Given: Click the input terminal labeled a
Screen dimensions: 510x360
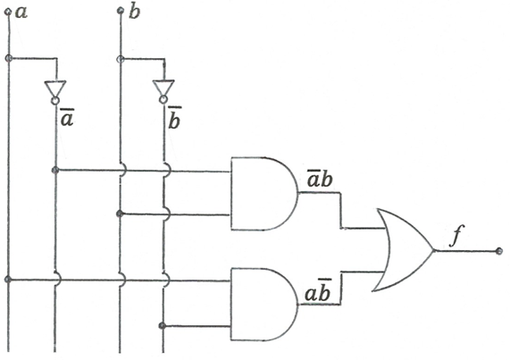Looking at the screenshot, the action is pos(8,13).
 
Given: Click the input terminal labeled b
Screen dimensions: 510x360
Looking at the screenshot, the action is pos(121,11).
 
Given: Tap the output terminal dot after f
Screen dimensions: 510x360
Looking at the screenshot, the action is pos(499,251).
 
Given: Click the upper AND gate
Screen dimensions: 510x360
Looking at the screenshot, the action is pos(264,194).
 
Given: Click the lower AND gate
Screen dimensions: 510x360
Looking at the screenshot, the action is pos(264,305).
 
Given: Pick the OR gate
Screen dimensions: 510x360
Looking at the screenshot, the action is pos(404,250).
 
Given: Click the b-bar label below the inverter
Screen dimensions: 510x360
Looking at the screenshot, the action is pos(174,118).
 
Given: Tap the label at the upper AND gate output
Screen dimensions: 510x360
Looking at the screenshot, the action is pos(320,178).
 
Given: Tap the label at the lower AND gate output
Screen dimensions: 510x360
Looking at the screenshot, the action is pos(318,290).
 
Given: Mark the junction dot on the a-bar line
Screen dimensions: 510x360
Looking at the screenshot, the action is pos(55,170).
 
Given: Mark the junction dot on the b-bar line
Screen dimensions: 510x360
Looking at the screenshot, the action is pos(163,325).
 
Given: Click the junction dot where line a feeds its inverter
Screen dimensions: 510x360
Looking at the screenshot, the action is pos(9,59).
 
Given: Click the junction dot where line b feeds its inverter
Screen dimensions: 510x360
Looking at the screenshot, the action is pos(120,59).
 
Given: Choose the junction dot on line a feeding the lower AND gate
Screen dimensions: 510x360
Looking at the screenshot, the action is pos(8,280).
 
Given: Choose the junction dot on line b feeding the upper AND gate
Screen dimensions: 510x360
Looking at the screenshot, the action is pos(120,213).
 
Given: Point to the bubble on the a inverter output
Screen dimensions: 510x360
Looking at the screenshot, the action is pos(55,100).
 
